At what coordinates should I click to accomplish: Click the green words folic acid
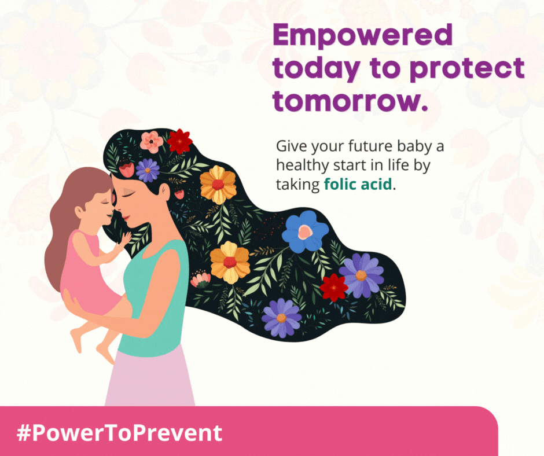[358, 183]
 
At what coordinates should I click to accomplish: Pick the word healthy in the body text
[303, 165]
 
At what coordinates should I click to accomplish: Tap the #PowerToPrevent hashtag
[119, 433]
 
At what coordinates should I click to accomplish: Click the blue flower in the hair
[305, 231]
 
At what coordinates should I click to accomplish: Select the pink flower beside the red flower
[151, 142]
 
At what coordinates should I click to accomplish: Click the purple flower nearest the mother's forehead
[148, 170]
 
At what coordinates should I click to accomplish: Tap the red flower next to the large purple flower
[334, 288]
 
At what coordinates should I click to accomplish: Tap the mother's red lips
[126, 218]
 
